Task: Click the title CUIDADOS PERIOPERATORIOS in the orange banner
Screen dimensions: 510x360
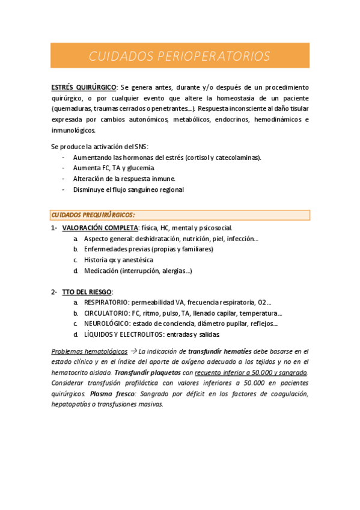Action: (x=180, y=57)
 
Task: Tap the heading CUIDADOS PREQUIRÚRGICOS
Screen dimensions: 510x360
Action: (x=93, y=215)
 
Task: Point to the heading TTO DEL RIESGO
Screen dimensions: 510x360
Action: (x=87, y=292)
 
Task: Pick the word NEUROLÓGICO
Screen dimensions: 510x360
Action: (x=106, y=324)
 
